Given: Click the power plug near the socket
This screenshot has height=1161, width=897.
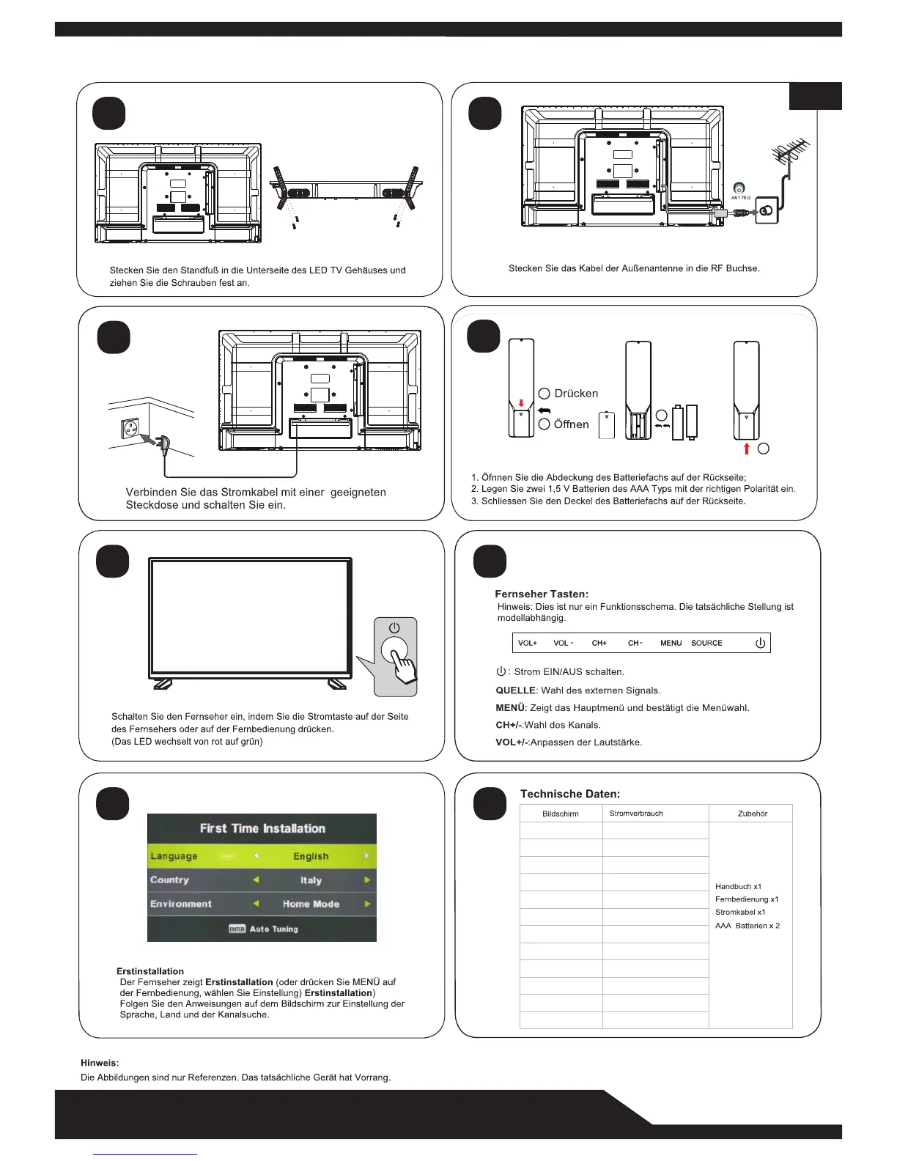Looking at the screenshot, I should [163, 443].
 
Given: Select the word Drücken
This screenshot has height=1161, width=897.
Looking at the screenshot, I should [576, 394].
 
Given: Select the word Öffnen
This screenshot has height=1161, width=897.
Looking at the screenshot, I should [572, 424].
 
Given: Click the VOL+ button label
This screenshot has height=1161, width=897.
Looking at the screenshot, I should [528, 644].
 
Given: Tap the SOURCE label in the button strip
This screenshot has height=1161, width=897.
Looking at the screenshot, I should [706, 644].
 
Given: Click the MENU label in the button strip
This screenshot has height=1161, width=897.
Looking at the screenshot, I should [671, 644].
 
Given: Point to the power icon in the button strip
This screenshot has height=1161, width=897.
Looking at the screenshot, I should [760, 644].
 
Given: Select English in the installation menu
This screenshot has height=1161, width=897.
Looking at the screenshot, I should [311, 856].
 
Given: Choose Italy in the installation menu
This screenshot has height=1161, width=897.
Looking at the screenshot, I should [311, 880].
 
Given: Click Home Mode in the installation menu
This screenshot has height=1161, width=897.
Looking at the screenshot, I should [311, 904].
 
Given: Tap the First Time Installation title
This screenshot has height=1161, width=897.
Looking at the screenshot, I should [262, 828].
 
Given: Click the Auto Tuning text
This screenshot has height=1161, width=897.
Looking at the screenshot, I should [273, 929].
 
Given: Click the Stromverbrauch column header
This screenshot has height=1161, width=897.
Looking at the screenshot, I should [636, 814].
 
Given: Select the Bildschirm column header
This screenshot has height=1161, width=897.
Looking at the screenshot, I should [561, 814].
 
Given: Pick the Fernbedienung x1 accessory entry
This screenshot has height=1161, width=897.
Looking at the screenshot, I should [747, 899].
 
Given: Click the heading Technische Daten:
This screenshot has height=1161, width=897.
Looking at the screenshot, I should [570, 794].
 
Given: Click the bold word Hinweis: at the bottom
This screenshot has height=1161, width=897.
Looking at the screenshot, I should [100, 1063].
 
